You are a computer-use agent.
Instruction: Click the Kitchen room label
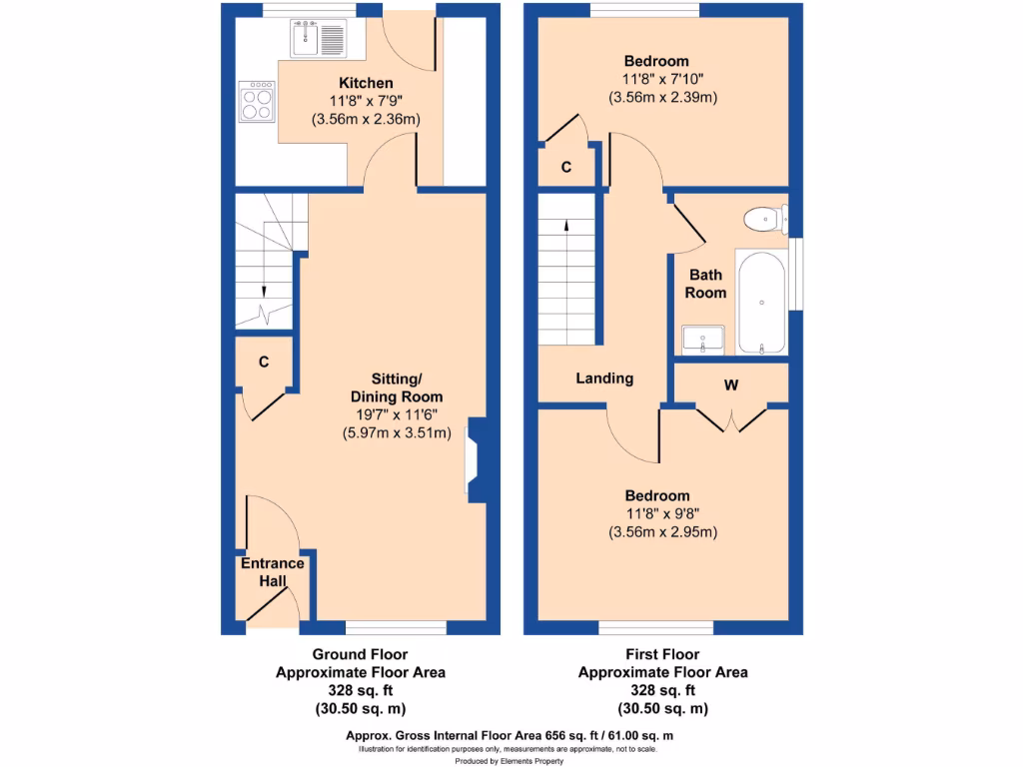point(365,83)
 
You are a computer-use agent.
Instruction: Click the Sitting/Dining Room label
point(397,386)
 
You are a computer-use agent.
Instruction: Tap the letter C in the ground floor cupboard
point(264,363)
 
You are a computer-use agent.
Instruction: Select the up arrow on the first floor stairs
point(567,226)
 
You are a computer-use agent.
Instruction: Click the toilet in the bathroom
point(764,217)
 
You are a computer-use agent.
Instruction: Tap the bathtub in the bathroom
point(762,302)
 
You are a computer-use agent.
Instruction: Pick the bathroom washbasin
point(703,339)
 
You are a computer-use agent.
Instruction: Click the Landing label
point(604,379)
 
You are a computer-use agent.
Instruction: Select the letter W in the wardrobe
point(730,384)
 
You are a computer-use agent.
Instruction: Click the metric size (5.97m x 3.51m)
point(397,432)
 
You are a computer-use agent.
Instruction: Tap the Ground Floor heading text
point(360,654)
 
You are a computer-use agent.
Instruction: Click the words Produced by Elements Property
point(511,760)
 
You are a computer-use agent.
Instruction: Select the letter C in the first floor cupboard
point(565,167)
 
